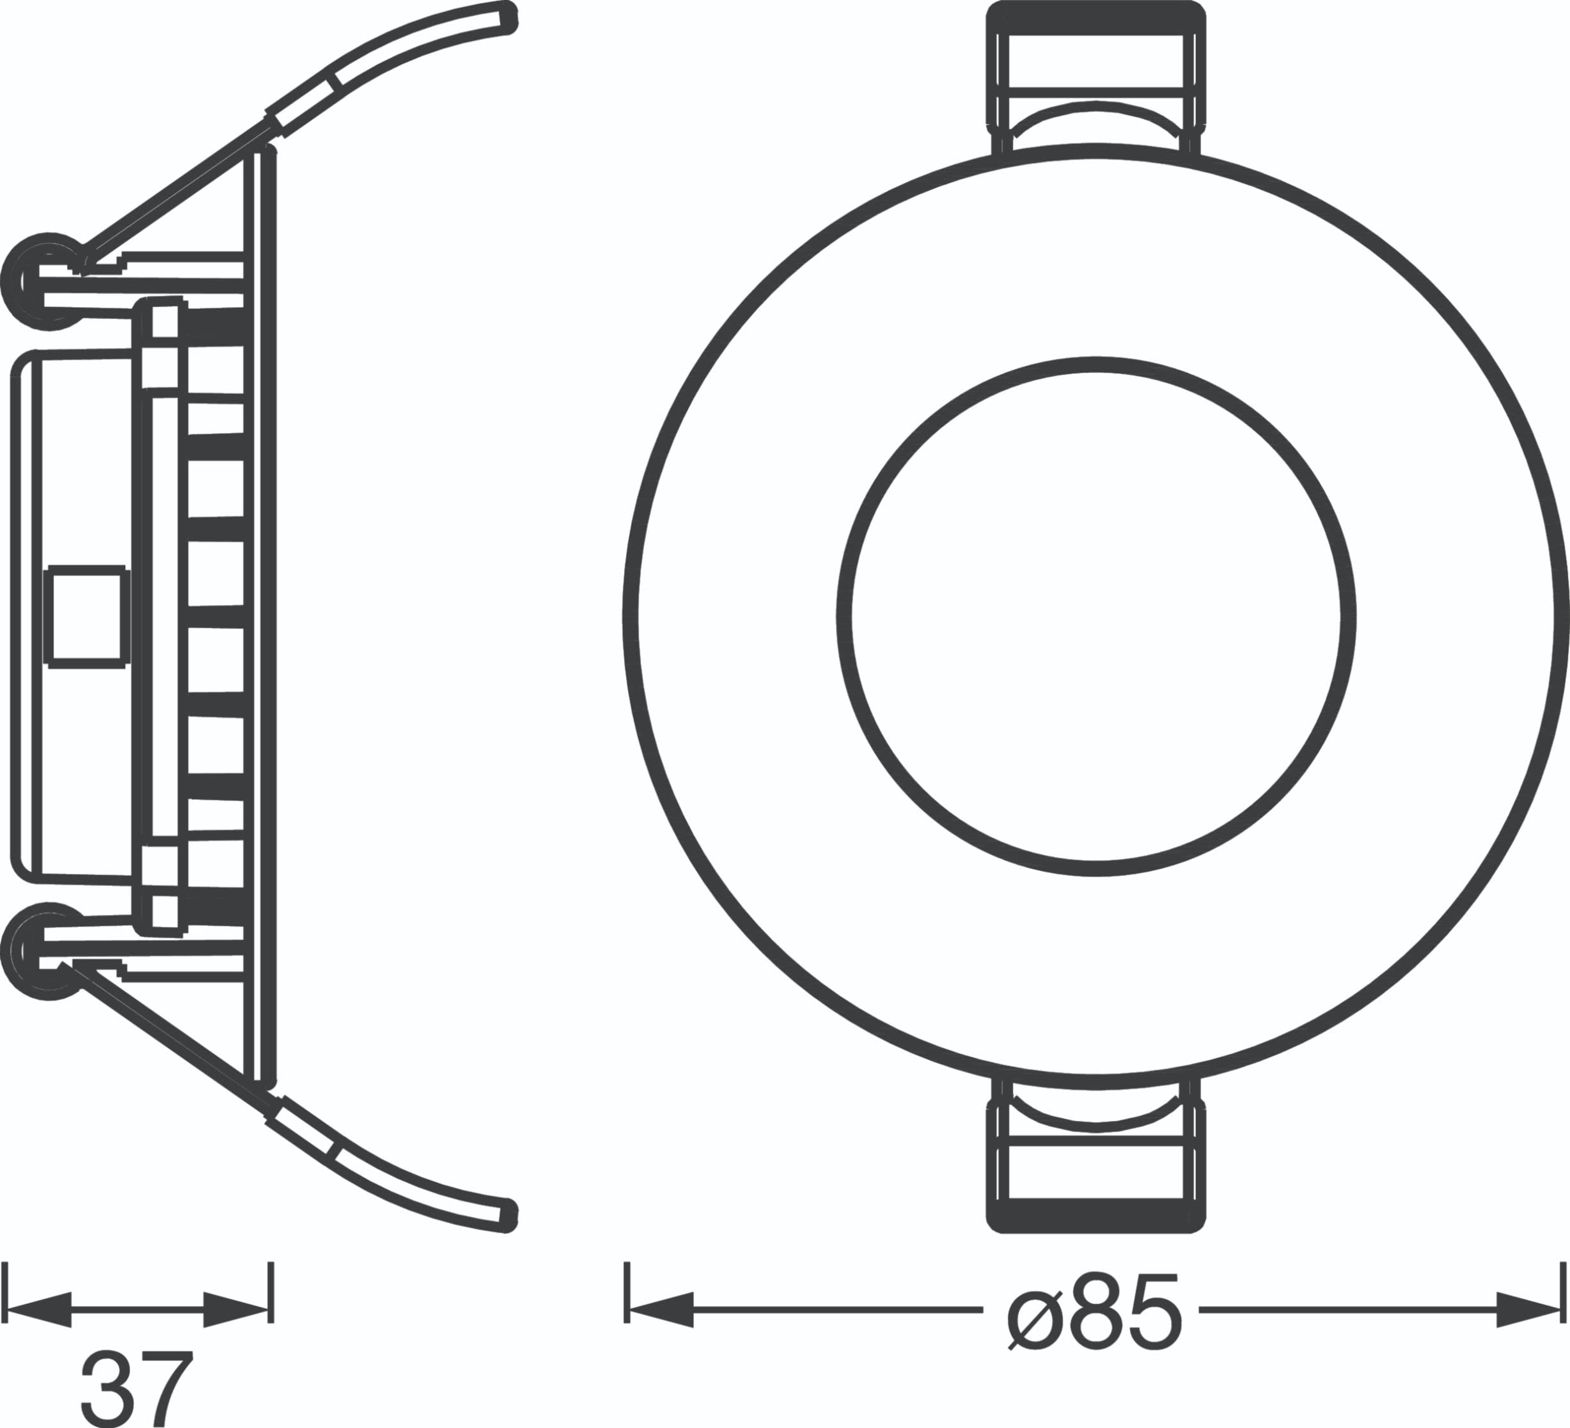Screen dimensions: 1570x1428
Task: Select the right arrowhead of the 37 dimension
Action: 237,1309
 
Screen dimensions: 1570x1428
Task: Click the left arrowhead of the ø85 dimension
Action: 661,1310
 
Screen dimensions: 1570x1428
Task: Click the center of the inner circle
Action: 1095,616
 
